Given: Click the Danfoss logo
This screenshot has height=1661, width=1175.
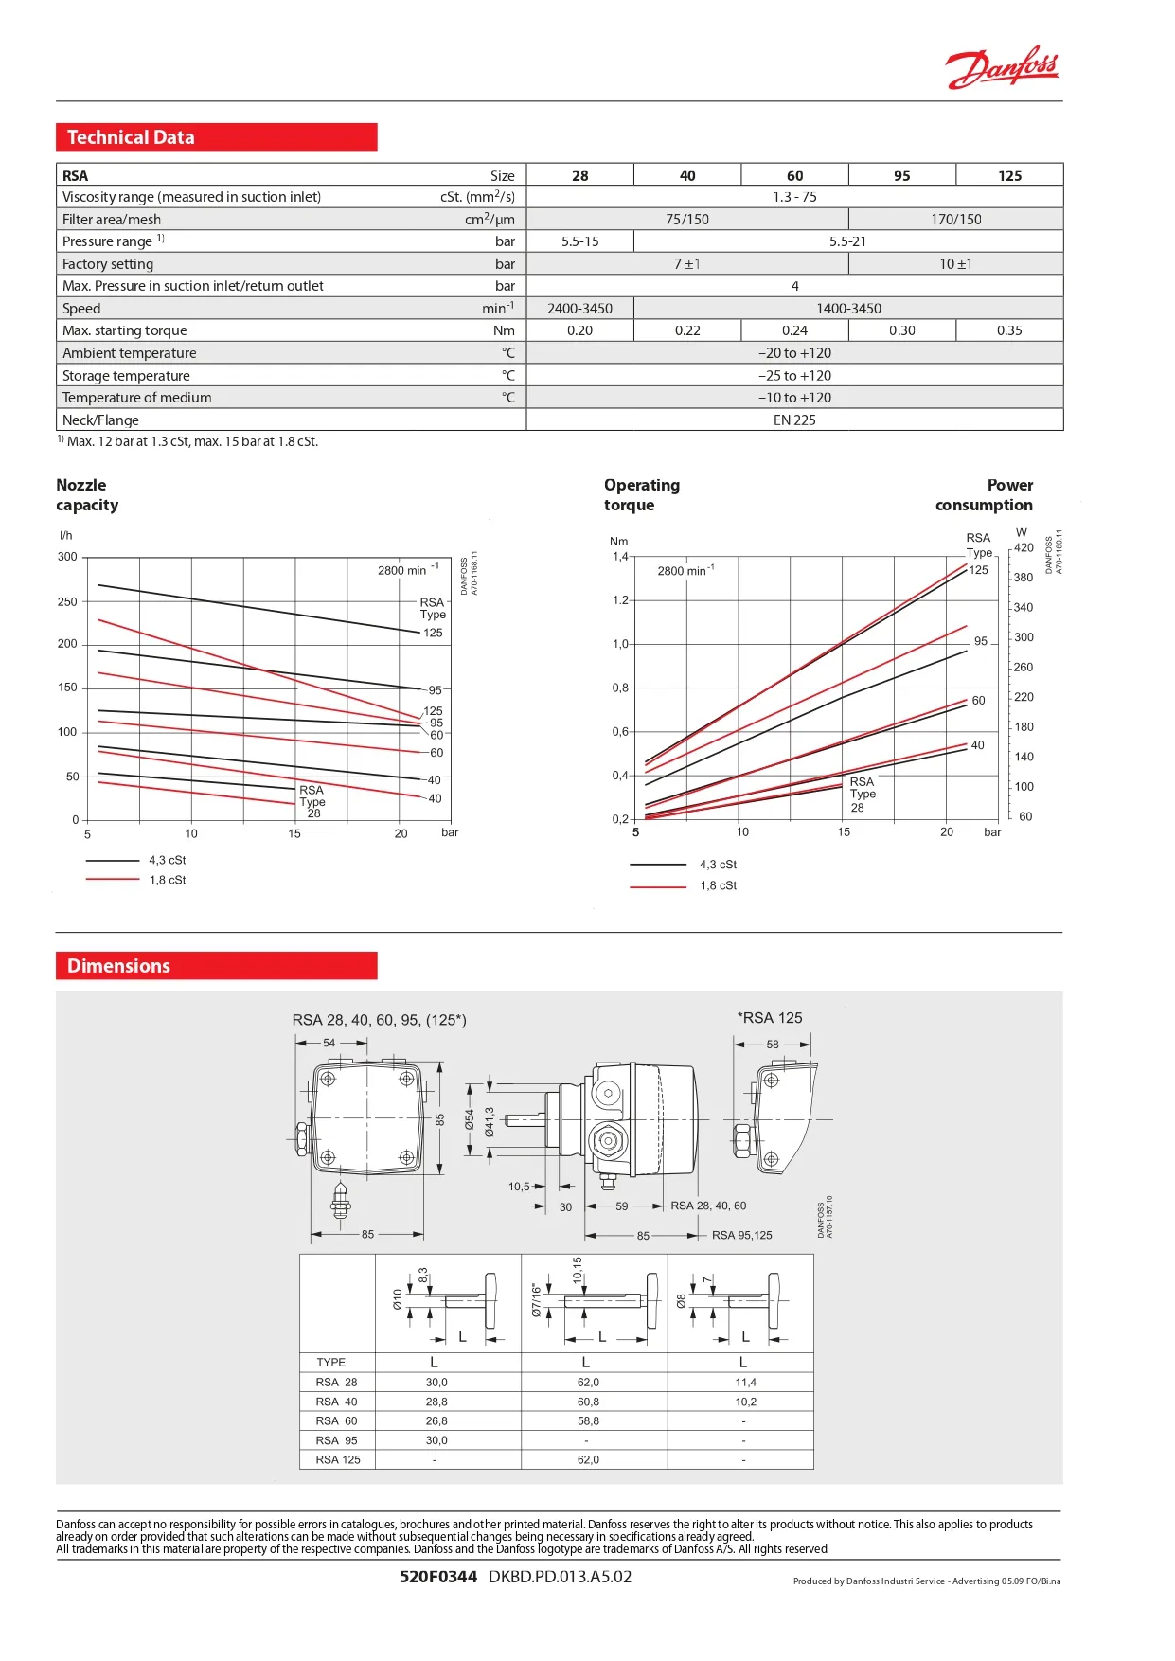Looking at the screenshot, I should point(1002,68).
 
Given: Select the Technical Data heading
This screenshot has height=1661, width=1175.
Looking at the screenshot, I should point(131,137).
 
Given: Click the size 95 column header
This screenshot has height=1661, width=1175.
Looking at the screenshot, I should point(901,175).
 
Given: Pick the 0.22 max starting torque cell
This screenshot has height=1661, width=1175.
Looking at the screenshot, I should point(687,330).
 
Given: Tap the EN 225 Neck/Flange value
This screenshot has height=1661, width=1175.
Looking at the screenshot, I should point(794,420).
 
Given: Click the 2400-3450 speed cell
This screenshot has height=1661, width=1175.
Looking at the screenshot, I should point(579,309).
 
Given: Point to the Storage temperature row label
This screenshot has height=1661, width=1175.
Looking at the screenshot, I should point(126,376).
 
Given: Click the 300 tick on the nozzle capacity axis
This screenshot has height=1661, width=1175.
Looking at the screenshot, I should point(67,557).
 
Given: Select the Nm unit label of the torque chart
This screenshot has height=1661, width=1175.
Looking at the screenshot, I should point(618,542).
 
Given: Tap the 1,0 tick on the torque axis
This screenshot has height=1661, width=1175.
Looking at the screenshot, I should point(620,644).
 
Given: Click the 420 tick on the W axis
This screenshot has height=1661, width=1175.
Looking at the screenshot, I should point(1024,547).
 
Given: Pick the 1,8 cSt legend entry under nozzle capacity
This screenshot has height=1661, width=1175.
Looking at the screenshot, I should point(167,880).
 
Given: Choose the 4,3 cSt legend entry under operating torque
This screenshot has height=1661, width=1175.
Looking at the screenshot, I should point(718,865).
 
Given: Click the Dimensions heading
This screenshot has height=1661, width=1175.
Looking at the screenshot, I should point(118,966).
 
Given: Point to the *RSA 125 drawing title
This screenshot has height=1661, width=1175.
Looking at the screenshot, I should point(770,1018).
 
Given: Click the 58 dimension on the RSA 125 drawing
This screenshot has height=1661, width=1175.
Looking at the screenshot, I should point(773,1045).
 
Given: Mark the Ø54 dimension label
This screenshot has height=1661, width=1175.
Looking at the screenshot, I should point(469,1120).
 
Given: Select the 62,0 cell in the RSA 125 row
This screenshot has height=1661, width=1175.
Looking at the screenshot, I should point(588,1459).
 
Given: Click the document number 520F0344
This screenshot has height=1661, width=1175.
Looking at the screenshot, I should point(437,1577).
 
